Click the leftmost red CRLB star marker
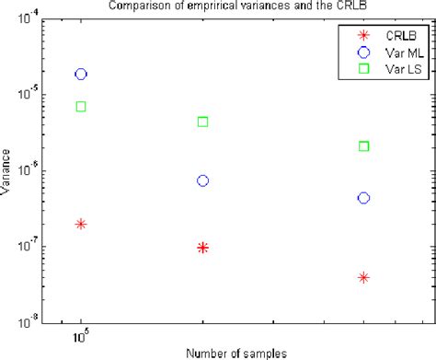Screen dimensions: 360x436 tap(81, 224)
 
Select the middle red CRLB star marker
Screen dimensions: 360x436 tap(202, 248)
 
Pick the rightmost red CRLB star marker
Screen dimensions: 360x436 tap(363, 277)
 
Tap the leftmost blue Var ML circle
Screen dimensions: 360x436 tap(81, 74)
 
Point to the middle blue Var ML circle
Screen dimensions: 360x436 tap(202, 180)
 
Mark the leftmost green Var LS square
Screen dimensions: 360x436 tap(81, 107)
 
